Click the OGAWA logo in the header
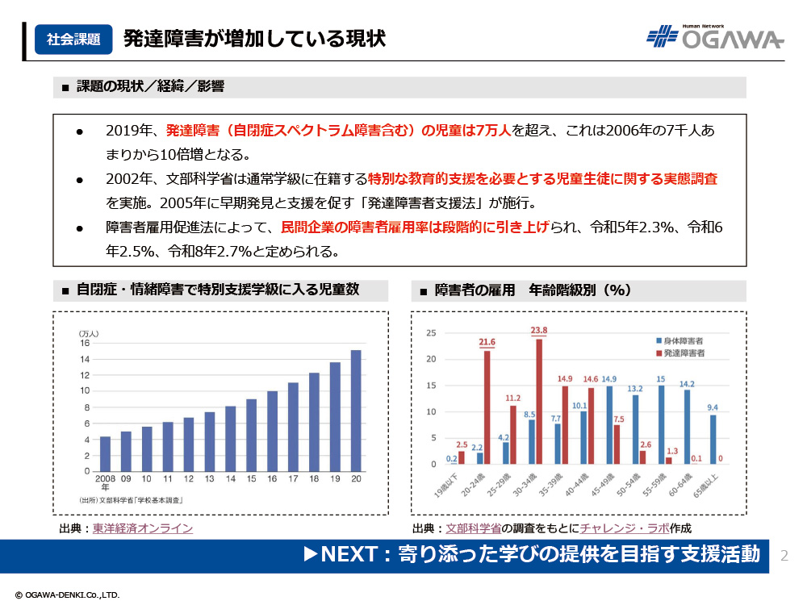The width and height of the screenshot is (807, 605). point(715,37)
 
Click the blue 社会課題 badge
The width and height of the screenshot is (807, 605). point(73,39)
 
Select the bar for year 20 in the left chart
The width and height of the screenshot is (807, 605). point(356,411)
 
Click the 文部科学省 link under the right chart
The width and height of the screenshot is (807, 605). point(474,529)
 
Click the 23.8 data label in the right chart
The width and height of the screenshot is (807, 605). point(539,331)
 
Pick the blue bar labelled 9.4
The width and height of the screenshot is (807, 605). point(713,440)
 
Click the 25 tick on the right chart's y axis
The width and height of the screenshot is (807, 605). point(431,332)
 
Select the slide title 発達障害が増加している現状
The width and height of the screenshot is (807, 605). point(254,39)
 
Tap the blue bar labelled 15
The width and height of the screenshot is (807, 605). point(662,425)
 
